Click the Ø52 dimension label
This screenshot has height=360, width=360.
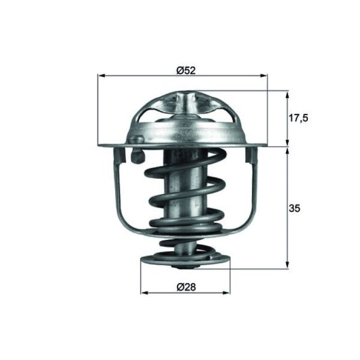[x=186, y=71]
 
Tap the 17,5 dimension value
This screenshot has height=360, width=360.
[x=298, y=118]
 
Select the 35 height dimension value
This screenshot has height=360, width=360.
[x=295, y=208]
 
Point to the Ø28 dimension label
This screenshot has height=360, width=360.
[x=186, y=287]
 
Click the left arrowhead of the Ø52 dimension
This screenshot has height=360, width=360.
[x=101, y=76]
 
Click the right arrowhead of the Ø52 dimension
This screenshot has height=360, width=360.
[x=264, y=76]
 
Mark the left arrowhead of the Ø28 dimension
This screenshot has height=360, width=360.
[x=144, y=293]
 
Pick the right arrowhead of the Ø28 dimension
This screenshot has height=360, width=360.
[x=226, y=293]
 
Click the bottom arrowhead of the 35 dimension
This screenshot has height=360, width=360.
[x=287, y=265]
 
